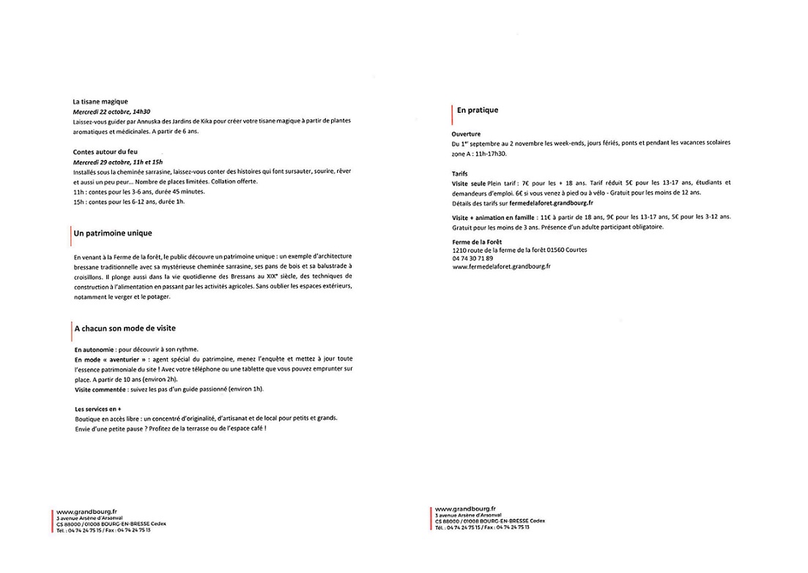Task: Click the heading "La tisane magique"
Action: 100,102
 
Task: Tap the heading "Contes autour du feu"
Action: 105,152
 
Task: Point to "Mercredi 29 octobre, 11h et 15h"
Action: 117,161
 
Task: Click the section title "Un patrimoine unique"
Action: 113,233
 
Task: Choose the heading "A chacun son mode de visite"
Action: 125,329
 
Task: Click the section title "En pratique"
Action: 477,110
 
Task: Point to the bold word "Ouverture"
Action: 466,134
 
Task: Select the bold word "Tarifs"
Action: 460,174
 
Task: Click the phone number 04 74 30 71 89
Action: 472,258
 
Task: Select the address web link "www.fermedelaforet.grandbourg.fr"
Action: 501,267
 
